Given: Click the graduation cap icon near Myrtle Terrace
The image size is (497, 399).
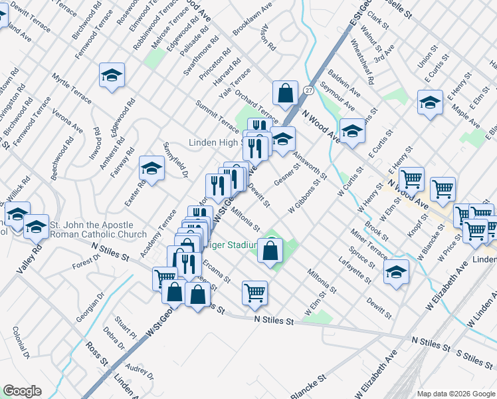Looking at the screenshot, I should click(x=112, y=76).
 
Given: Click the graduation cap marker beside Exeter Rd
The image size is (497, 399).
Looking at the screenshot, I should click(x=152, y=169).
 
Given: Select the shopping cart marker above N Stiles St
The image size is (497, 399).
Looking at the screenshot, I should click(x=255, y=293).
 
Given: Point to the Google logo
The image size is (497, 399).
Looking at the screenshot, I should click(x=23, y=391).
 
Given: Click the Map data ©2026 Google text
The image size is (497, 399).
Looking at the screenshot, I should click(x=455, y=394).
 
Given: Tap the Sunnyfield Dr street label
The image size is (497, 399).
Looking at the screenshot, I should click(x=176, y=160).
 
